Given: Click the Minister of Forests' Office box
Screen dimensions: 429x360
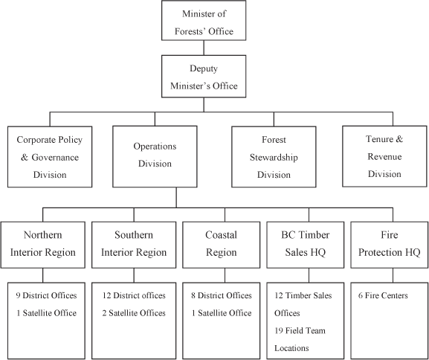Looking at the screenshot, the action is click(204, 20).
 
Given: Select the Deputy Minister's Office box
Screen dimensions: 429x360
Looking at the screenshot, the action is click(204, 77).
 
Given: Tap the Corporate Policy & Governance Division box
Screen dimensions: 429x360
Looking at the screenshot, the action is click(50, 157).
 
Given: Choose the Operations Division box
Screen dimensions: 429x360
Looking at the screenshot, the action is click(155, 157).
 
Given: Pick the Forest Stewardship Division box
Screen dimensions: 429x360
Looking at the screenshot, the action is click(274, 157).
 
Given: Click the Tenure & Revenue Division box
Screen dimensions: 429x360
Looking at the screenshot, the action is click(384, 156).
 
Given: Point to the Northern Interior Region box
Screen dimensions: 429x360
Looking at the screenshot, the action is click(42, 245).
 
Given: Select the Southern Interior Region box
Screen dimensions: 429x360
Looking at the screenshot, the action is click(134, 245).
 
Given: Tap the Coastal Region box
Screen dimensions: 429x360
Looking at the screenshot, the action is click(222, 245).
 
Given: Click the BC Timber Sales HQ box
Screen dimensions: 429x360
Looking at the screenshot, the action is click(306, 245).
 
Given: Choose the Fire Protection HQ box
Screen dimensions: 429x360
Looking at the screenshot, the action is click(390, 245).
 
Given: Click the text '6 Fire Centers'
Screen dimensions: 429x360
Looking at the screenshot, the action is click(383, 296).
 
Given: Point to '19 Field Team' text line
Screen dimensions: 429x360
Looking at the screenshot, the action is click(300, 331).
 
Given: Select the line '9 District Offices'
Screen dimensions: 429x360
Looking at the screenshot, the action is click(46, 296).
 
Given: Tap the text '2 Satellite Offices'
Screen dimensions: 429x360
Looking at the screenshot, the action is click(134, 313).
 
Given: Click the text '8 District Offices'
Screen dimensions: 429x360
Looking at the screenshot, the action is click(222, 296).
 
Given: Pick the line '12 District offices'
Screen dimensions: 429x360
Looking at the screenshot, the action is click(134, 296).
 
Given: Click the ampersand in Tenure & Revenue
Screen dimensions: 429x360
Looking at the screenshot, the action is click(399, 139).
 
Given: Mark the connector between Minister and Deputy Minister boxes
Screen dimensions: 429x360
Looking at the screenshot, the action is click(204, 48).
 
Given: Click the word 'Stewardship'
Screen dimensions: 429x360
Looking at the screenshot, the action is click(274, 158).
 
